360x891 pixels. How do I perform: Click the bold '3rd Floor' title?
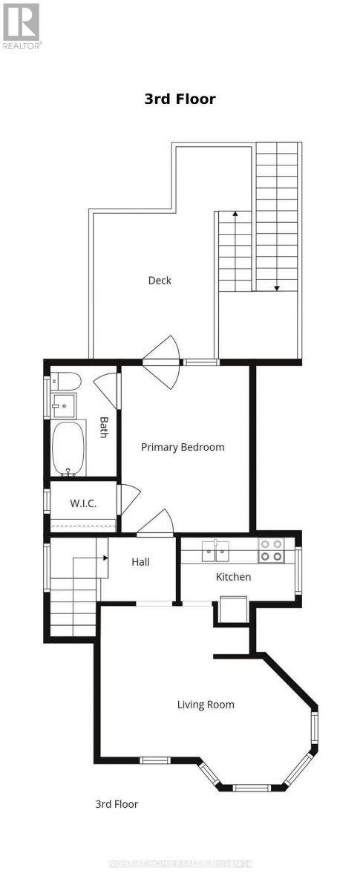click(180, 99)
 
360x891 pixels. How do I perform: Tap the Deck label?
click(160, 280)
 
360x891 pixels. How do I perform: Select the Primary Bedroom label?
click(183, 447)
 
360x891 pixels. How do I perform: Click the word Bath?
click(104, 427)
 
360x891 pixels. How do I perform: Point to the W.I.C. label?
click(83, 503)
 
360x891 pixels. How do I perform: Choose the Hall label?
click(140, 562)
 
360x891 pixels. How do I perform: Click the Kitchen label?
click(233, 577)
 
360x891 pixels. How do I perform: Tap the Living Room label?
click(206, 705)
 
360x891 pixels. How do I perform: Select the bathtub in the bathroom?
click(69, 448)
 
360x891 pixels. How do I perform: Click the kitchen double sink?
click(218, 550)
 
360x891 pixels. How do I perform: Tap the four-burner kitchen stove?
click(270, 549)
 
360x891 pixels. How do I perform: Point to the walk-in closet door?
click(128, 499)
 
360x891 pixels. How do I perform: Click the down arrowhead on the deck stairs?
click(276, 287)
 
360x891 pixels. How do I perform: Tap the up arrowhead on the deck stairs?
click(235, 215)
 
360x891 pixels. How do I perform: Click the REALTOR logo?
click(21, 25)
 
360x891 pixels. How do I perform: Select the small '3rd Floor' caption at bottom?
click(117, 804)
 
